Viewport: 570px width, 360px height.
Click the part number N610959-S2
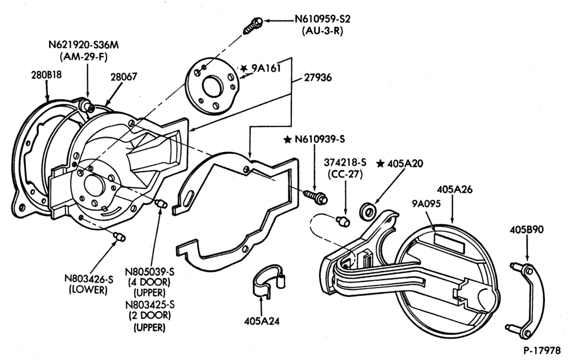click(323, 19)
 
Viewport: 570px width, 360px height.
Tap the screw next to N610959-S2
click(253, 25)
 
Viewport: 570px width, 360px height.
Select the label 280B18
click(46, 75)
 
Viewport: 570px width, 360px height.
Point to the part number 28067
click(124, 77)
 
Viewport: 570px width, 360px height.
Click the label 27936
click(318, 77)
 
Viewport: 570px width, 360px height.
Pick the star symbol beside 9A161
click(244, 68)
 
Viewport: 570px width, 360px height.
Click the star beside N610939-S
click(287, 139)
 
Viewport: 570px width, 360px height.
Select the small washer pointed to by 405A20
click(368, 211)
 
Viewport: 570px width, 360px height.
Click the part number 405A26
click(454, 189)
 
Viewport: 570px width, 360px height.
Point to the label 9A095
click(426, 203)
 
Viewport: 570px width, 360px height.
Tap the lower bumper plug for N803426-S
click(119, 236)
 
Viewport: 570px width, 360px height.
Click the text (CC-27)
click(345, 174)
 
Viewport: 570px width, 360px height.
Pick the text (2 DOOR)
click(149, 315)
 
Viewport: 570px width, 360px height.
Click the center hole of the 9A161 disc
click(213, 87)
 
